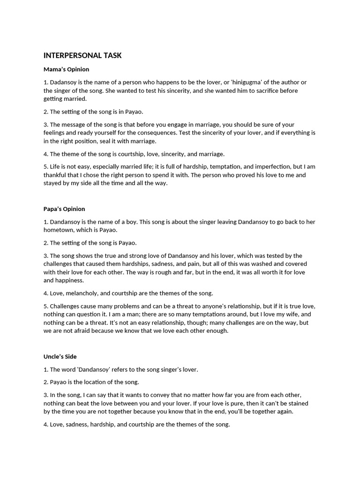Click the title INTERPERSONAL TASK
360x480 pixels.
click(x=82, y=55)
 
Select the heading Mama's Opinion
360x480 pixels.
click(x=66, y=69)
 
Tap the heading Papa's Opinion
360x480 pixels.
click(x=64, y=209)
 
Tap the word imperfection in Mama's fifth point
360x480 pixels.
click(x=269, y=166)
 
